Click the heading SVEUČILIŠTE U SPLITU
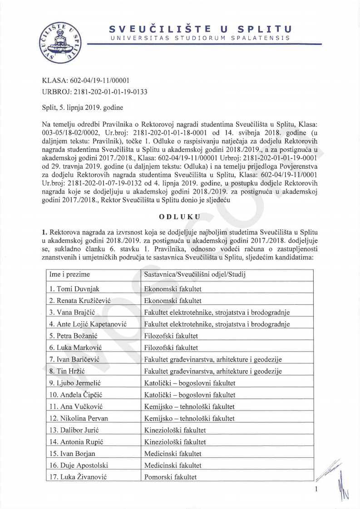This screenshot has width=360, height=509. tap(200, 29)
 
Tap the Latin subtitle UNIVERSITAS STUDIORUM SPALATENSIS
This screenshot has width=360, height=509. tap(200, 38)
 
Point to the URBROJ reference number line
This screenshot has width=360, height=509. tap(94, 92)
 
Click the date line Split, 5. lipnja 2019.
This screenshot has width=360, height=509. tap(82, 108)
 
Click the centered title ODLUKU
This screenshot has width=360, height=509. tap(180, 216)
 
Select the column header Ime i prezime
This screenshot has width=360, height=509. tap(70, 274)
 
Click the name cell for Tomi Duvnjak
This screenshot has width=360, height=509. tap(74, 289)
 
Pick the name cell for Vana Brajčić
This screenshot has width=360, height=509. tap(73, 312)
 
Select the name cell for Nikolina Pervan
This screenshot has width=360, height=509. tap(79, 418)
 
